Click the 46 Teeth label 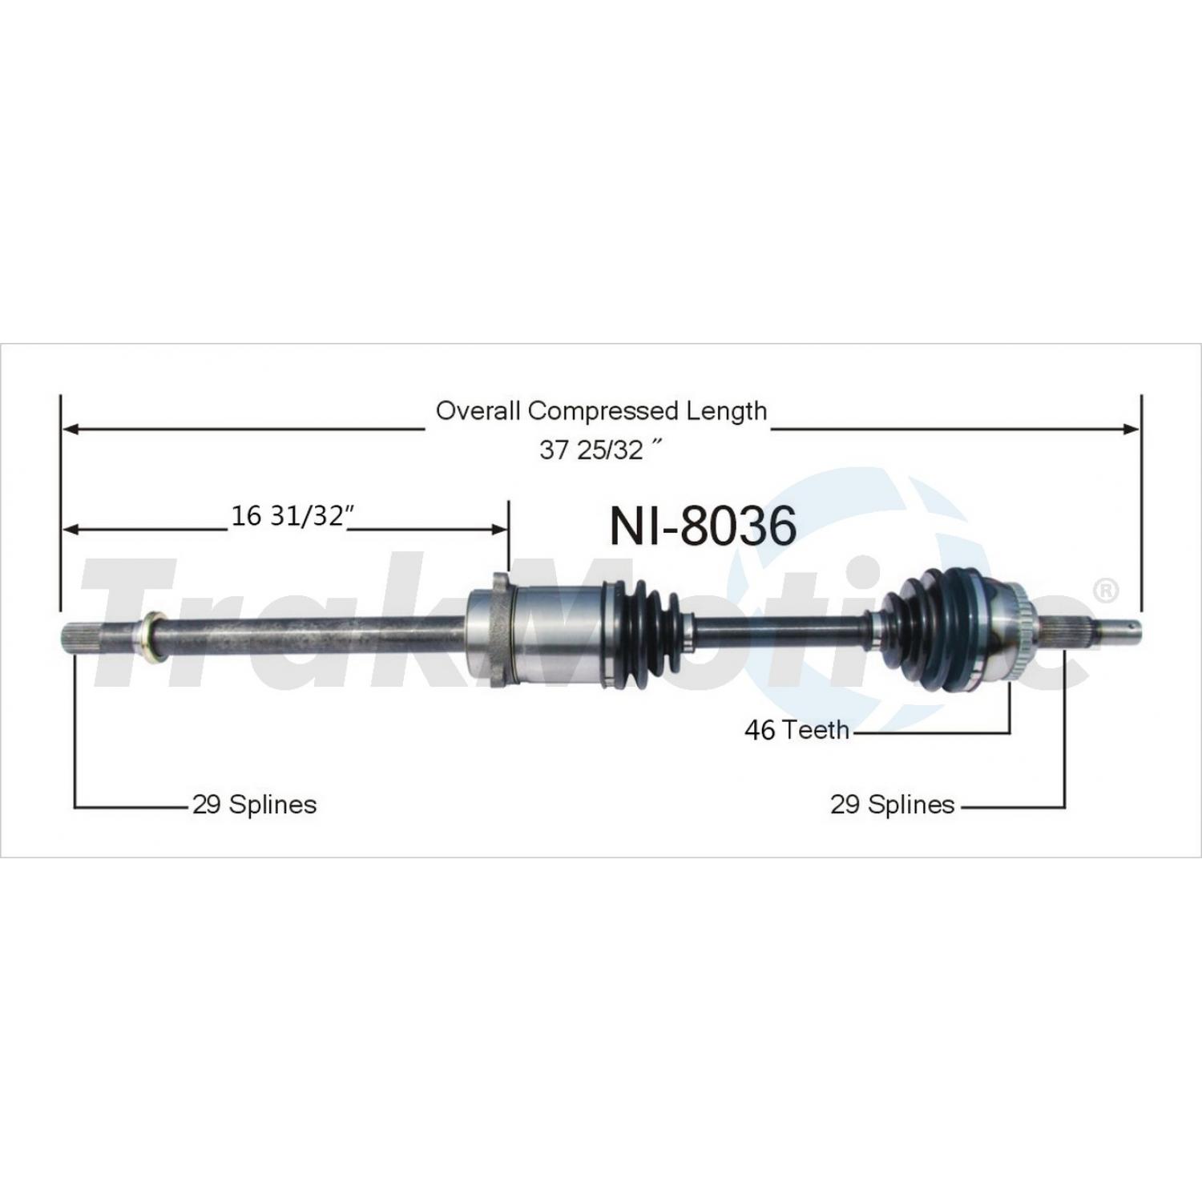point(797,729)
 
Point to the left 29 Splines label point(254,804)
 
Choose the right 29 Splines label point(892,804)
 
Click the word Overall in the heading point(478,411)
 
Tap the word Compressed point(603,412)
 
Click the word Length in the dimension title point(726,412)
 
